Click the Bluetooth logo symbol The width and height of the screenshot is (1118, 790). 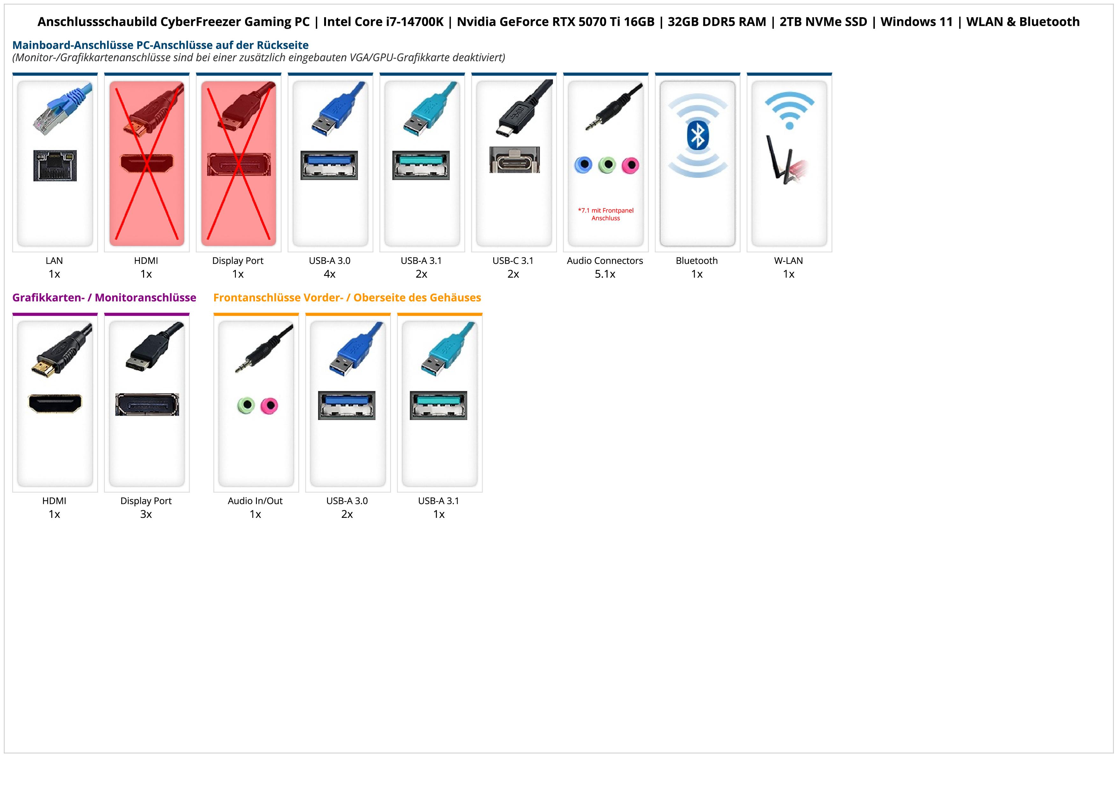tap(697, 135)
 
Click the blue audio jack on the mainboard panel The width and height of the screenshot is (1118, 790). tap(583, 165)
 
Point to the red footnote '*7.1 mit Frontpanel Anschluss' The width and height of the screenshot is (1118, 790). tap(606, 214)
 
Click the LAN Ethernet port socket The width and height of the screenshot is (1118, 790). tap(55, 166)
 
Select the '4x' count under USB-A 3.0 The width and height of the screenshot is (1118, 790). tap(330, 274)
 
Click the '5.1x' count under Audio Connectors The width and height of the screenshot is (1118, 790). tap(605, 274)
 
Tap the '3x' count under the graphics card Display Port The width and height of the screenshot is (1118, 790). tap(146, 514)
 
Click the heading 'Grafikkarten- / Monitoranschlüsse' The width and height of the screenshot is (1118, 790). tap(104, 297)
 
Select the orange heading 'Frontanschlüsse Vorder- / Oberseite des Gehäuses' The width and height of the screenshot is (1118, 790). tap(347, 297)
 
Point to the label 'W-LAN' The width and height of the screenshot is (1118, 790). tap(788, 260)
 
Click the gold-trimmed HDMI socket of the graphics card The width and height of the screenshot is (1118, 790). tap(55, 403)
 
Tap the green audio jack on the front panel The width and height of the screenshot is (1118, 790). tap(246, 405)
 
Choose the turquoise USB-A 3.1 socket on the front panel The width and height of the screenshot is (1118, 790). tap(438, 405)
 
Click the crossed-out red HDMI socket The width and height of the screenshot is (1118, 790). tap(147, 163)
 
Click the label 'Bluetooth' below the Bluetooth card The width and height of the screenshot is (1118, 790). tap(697, 260)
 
